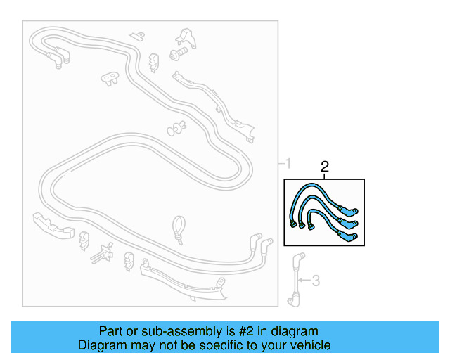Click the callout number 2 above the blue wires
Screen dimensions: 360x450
click(325, 167)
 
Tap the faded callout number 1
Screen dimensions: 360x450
click(288, 165)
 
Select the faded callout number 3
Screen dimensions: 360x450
click(316, 281)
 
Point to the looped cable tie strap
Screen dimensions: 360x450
click(178, 228)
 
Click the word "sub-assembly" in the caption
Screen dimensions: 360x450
click(166, 331)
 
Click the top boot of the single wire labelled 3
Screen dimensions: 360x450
click(299, 258)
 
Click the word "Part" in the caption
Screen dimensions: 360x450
click(111, 331)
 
